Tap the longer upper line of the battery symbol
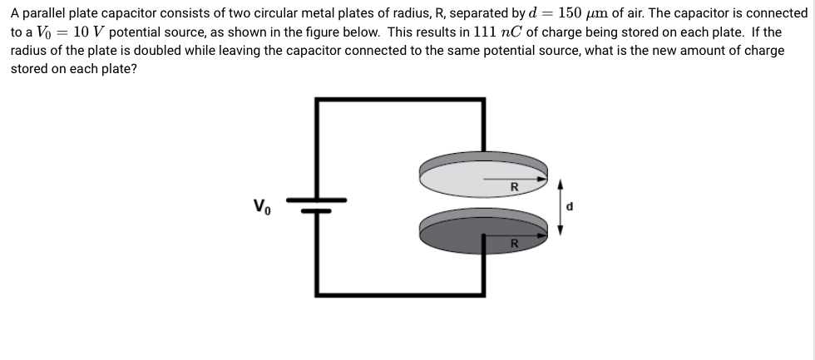click(317, 200)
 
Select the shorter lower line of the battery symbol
click(317, 211)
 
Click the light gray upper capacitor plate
click(466, 173)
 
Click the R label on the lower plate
click(514, 244)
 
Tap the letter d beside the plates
click(570, 205)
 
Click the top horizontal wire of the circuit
click(399, 100)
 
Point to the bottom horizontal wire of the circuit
click(399, 293)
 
